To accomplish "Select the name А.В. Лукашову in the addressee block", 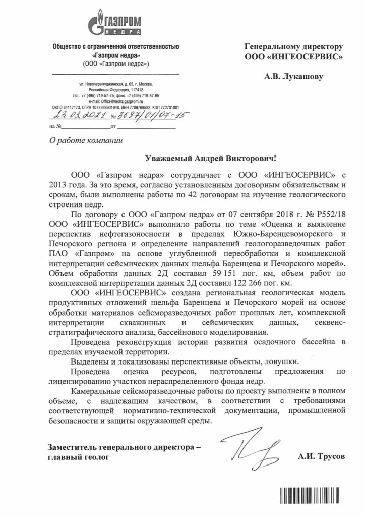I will point(293,77).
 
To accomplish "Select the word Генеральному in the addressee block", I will point(273,46).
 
